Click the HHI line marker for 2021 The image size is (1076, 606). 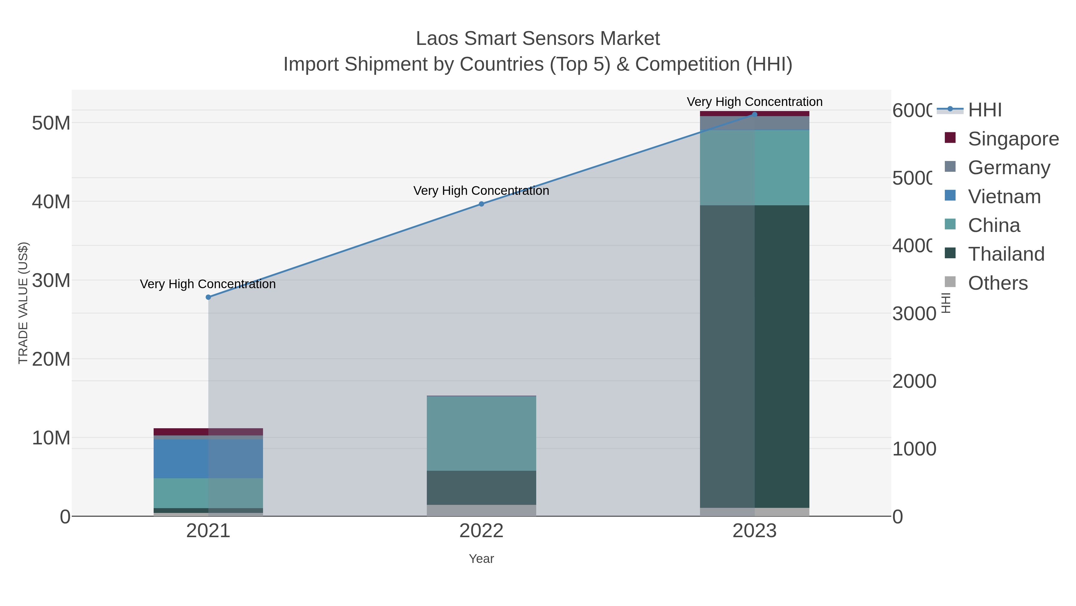208,297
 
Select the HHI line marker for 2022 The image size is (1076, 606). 481,204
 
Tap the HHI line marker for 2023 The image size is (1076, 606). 754,114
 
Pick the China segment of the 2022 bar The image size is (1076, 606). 481,433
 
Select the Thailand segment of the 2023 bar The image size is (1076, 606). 754,356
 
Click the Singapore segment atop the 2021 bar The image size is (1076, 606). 208,432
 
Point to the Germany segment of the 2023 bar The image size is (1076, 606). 754,123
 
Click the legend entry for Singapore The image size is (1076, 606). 1013,139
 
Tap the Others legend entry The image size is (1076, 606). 997,283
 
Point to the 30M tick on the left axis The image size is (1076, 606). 51,280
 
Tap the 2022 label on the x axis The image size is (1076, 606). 481,531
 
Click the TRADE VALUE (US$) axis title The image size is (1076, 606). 23,303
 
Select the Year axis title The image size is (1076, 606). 481,559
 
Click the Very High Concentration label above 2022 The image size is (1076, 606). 481,191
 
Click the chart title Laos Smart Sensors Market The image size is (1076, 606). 538,39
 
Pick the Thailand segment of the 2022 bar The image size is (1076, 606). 481,488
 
